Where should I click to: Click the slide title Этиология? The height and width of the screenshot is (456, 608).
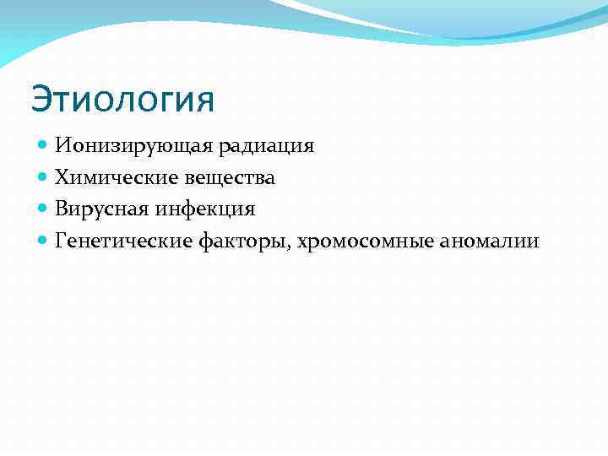coord(123,100)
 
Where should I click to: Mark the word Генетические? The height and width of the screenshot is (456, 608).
coord(123,241)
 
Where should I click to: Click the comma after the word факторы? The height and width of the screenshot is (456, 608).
coord(290,247)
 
